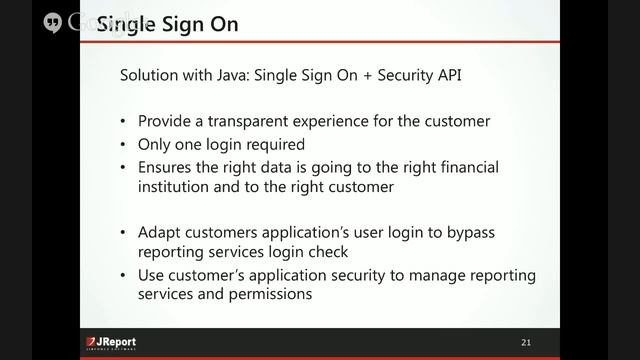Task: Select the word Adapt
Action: click(x=159, y=231)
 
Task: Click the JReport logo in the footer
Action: click(x=111, y=343)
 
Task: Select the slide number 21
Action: click(x=526, y=343)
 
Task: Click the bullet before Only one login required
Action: click(x=123, y=143)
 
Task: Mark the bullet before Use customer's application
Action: click(x=123, y=274)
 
